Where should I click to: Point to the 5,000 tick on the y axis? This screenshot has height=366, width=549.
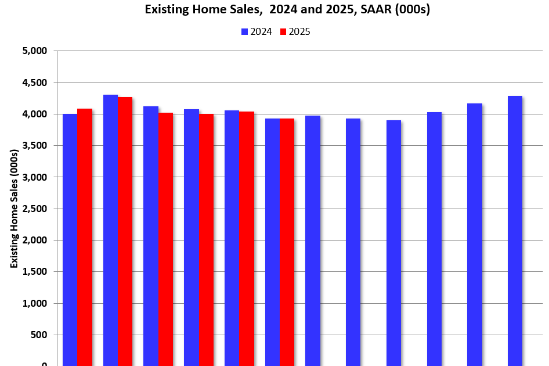33,51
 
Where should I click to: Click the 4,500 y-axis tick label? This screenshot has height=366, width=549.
33,82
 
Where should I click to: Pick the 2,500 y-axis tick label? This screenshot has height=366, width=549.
33,209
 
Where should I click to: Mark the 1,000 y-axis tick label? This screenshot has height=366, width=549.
33,303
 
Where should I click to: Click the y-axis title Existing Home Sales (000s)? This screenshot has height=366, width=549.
14,209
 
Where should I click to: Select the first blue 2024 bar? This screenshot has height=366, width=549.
70,238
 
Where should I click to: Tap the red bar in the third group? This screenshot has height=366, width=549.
165,238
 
